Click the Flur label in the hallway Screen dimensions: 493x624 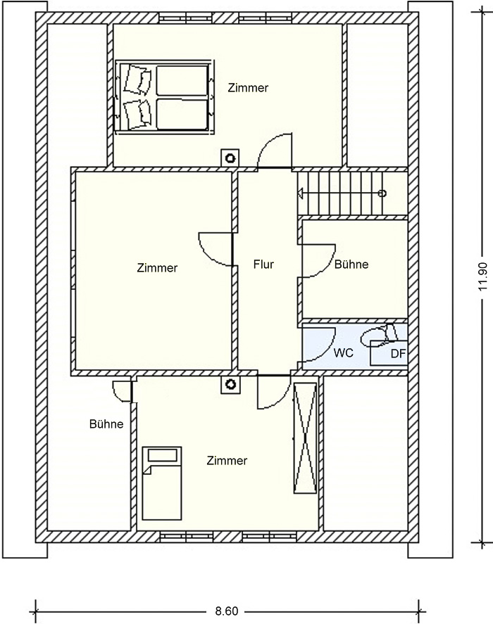(263, 265)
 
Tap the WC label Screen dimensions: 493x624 (344, 352)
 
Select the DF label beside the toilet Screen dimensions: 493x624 (397, 354)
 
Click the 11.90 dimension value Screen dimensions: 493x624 (482, 276)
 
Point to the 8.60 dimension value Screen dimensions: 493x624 (226, 611)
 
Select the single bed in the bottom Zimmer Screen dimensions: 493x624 (162, 483)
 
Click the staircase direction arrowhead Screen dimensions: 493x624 (300, 193)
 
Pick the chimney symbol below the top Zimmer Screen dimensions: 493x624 (230, 158)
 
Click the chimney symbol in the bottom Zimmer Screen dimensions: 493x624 (230, 384)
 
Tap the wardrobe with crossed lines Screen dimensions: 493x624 (305, 438)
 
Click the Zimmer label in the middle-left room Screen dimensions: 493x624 (157, 268)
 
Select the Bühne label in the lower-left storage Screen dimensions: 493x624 (106, 424)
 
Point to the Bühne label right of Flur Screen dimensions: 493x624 (351, 265)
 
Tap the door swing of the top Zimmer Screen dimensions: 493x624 (275, 150)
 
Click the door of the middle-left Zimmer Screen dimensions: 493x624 (216, 250)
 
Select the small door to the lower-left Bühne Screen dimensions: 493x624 (122, 392)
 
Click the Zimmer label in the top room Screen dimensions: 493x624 (248, 88)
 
